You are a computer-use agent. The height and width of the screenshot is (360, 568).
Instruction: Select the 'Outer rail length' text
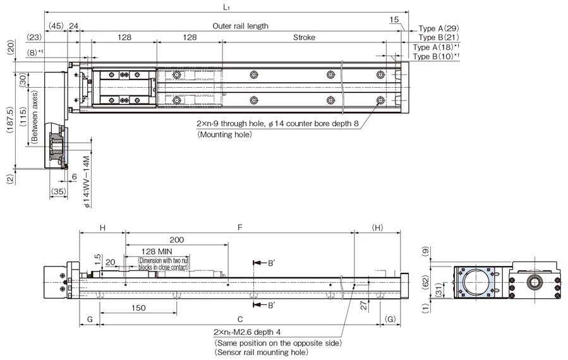point(241,26)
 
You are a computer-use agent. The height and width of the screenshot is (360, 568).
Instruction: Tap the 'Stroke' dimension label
point(304,38)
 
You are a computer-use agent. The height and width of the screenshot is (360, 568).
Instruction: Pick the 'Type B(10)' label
point(435,56)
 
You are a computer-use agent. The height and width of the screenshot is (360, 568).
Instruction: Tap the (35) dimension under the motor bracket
point(59,191)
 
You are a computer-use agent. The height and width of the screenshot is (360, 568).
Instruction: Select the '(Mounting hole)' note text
point(222,135)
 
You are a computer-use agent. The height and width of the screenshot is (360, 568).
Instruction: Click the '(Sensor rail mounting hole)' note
point(261,351)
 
